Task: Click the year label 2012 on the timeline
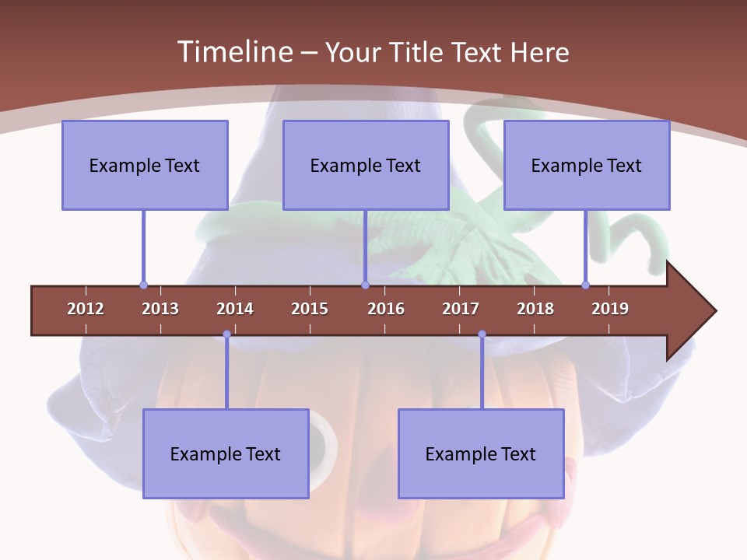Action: pos(86,309)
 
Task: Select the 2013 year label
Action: pos(160,309)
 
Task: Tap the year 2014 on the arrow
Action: pos(235,309)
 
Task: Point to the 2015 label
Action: pos(310,309)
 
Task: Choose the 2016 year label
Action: pos(386,309)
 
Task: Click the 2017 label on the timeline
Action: pos(461,309)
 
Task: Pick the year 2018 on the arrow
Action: pos(535,309)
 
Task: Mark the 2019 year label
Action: pos(610,309)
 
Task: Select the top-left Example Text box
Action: pos(145,165)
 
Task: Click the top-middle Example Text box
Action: pos(366,165)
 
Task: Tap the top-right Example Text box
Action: pos(587,165)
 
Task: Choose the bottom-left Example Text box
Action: pos(226,453)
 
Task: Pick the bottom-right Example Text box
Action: pos(481,453)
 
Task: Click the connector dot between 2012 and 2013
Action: pos(143,285)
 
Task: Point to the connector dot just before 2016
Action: pos(365,285)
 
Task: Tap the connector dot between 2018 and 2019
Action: pos(585,285)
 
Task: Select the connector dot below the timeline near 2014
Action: pos(226,334)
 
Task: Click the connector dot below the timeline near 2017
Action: pos(482,334)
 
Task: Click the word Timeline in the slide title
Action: pos(234,52)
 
